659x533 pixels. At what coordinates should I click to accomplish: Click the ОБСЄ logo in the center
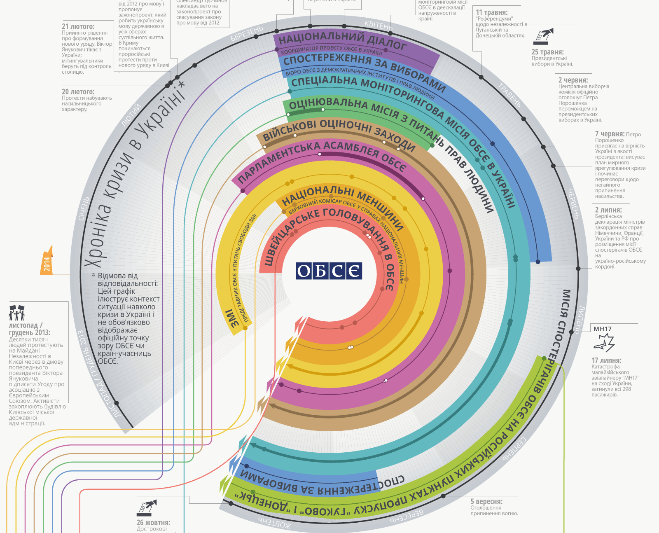click(x=329, y=271)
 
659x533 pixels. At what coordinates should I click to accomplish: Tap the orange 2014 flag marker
click(x=47, y=261)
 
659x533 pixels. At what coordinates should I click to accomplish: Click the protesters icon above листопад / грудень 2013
click(x=16, y=313)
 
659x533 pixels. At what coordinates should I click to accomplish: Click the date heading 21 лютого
click(x=78, y=27)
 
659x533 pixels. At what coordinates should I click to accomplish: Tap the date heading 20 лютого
click(x=78, y=92)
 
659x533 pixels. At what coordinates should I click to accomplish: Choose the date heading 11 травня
click(x=492, y=12)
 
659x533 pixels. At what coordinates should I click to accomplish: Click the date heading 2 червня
click(x=573, y=80)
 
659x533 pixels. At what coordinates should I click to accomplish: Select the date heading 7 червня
click(x=610, y=134)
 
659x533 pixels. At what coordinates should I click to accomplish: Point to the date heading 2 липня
click(x=608, y=210)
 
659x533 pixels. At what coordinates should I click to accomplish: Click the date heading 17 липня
click(x=606, y=360)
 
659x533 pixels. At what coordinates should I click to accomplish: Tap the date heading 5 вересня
click(x=486, y=502)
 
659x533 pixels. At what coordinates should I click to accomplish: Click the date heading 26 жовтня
click(x=153, y=523)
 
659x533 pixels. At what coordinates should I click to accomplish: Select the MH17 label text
click(x=603, y=329)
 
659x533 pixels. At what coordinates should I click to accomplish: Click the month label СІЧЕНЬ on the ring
click(x=84, y=208)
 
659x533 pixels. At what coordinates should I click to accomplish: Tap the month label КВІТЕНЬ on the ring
click(x=379, y=26)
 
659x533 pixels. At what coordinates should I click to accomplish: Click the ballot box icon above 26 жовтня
click(x=146, y=507)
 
